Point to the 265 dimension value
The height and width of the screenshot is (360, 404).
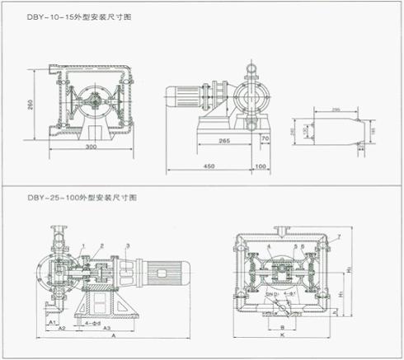pyautogui.click(x=224, y=141)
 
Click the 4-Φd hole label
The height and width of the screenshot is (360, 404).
pyautogui.click(x=92, y=322)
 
